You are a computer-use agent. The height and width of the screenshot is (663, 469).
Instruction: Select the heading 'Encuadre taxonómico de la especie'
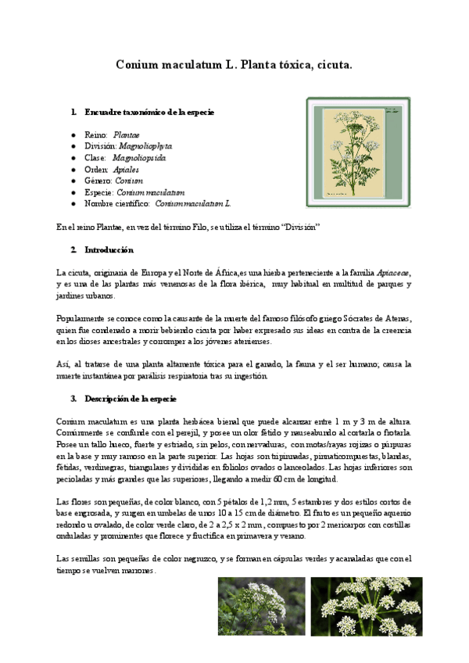(149, 113)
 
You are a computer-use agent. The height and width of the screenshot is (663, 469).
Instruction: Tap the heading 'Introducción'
(109, 250)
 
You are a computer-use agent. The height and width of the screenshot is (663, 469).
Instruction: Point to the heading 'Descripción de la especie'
(132, 399)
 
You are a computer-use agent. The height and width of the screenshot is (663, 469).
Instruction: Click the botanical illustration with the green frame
(358, 152)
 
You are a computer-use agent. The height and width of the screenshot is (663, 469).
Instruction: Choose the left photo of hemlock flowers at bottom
(261, 607)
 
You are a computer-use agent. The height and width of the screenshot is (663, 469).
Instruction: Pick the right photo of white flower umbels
(366, 607)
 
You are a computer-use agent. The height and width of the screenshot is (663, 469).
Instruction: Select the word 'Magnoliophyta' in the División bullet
(145, 146)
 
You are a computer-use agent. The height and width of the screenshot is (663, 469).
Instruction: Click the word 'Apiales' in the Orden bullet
(125, 169)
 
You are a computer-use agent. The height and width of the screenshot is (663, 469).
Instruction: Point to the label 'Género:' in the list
(98, 180)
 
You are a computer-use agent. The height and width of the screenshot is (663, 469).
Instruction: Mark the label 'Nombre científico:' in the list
(116, 203)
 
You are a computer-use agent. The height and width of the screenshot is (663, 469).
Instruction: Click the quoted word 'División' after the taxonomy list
(302, 227)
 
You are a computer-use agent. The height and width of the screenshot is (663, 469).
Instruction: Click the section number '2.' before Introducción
(73, 250)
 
